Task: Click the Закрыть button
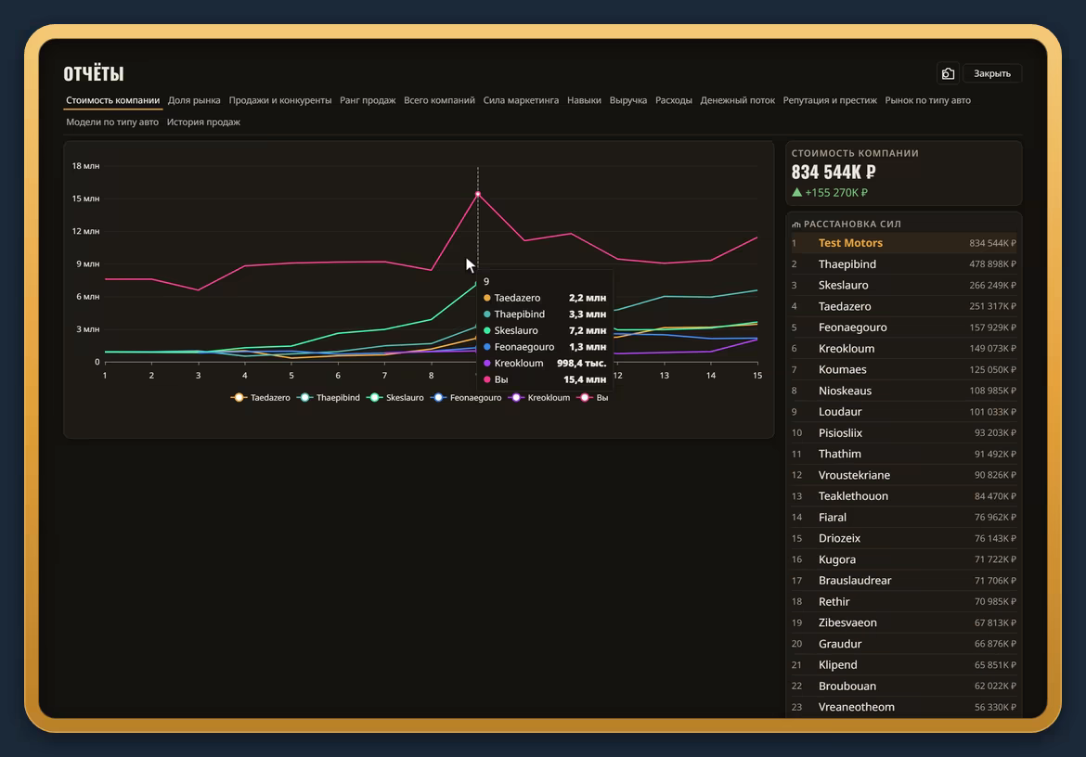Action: (992, 73)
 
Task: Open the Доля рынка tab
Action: (194, 100)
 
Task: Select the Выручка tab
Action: (628, 100)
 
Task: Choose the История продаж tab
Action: (203, 122)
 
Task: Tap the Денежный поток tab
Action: (737, 100)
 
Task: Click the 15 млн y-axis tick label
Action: (86, 199)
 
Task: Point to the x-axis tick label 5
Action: (291, 375)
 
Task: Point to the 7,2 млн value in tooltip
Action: (588, 331)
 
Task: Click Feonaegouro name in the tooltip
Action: (524, 347)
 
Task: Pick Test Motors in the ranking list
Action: (850, 243)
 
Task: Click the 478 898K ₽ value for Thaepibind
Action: (992, 264)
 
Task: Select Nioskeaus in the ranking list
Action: (845, 391)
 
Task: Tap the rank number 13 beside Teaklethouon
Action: (796, 496)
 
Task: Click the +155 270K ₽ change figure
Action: (836, 192)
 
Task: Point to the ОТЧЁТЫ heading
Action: (94, 73)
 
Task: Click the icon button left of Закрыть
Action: (949, 73)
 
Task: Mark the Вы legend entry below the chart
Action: (593, 398)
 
